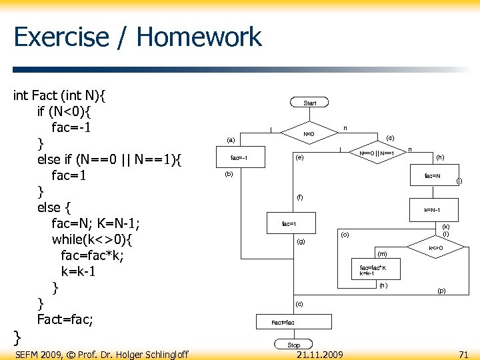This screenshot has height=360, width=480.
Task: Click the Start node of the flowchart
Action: click(310, 103)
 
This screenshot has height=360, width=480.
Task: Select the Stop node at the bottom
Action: click(293, 345)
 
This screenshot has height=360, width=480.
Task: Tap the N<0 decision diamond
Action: click(309, 134)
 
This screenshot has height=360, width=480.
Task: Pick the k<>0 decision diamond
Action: click(435, 247)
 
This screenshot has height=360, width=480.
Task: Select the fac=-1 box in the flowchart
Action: click(239, 158)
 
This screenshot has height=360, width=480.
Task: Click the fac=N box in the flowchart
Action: click(432, 176)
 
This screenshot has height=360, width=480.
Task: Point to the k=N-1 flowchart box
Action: click(432, 210)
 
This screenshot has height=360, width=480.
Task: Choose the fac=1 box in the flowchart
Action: click(289, 223)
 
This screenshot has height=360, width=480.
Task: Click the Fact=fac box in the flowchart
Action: click(283, 322)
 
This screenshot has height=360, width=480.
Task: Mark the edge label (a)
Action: click(231, 140)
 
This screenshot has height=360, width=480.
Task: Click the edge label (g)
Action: click(301, 241)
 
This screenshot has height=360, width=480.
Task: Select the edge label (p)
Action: click(441, 291)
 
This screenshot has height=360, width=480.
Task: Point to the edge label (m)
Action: click(382, 254)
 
